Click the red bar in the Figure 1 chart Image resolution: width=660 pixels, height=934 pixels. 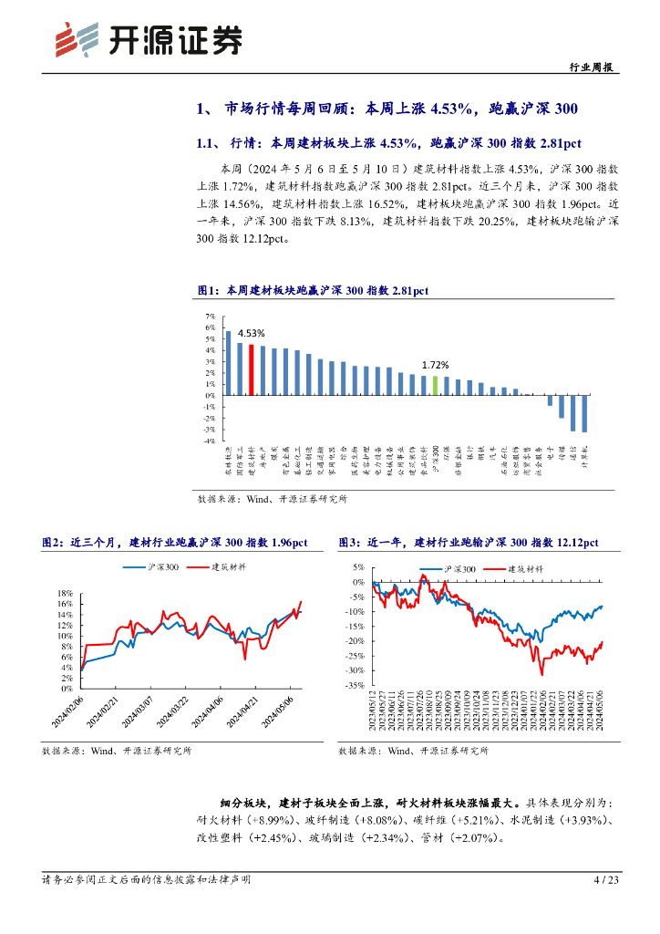(252, 369)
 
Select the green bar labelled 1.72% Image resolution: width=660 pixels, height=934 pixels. (436, 385)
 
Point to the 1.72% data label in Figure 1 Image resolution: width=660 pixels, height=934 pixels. (435, 364)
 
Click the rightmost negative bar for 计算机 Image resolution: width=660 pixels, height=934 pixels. (584, 413)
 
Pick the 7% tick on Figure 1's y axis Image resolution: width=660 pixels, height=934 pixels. (210, 316)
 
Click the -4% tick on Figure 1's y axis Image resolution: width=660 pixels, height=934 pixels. (209, 441)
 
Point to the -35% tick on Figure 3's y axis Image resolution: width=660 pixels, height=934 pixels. (355, 684)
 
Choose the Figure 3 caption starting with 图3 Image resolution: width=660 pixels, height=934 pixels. (468, 543)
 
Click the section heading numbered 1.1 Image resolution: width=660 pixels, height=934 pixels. (388, 142)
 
